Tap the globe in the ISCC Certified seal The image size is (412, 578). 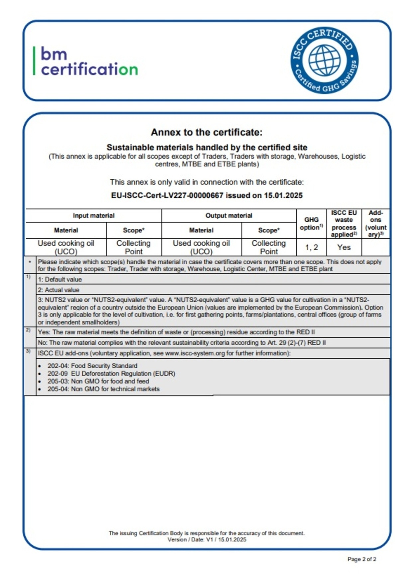click(x=324, y=60)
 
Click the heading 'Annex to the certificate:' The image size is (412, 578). click(x=206, y=132)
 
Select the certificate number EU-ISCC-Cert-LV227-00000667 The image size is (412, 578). click(x=167, y=195)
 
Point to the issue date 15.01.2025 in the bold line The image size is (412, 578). click(x=283, y=195)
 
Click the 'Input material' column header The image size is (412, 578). click(x=93, y=216)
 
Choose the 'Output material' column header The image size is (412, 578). click(x=229, y=216)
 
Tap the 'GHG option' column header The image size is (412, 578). click(x=311, y=223)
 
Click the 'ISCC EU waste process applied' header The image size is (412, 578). click(x=344, y=223)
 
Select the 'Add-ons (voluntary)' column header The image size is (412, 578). click(x=375, y=223)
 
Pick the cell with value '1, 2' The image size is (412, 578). click(x=311, y=247)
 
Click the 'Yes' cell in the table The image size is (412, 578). click(x=344, y=247)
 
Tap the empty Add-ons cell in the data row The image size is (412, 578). click(x=375, y=247)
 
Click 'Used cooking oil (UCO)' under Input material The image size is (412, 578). click(x=66, y=247)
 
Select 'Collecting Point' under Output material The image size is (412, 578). click(x=268, y=247)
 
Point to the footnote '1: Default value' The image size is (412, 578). click(x=60, y=280)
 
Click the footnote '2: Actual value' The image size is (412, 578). click(x=58, y=290)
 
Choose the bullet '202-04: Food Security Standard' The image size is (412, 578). click(x=92, y=366)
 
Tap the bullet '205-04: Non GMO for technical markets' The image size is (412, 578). click(x=103, y=389)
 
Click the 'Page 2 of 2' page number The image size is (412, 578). click(x=362, y=559)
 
